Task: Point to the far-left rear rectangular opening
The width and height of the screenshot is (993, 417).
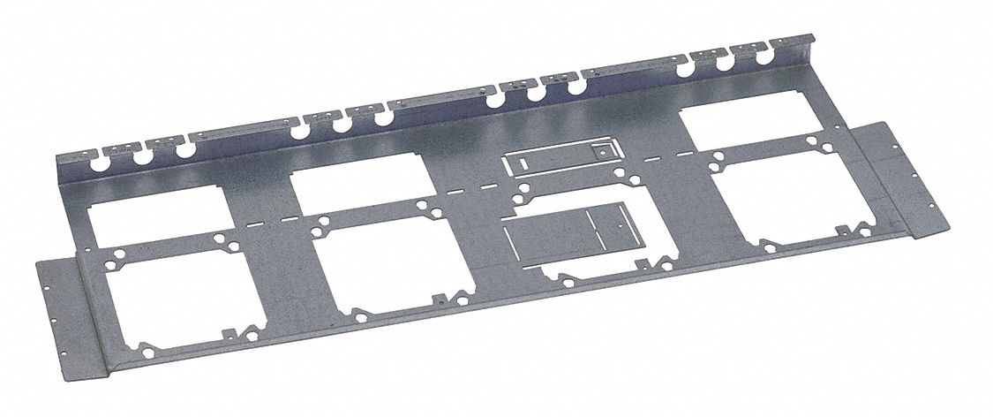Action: [x=150, y=207]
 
